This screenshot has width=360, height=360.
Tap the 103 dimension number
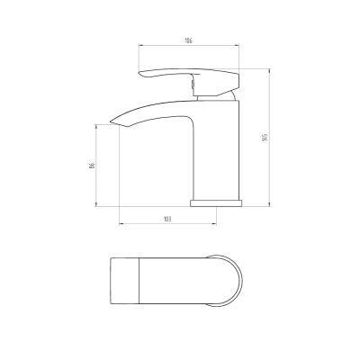[170, 220]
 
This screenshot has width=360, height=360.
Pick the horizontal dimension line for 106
[188, 47]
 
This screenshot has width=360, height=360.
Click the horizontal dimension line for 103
[170, 225]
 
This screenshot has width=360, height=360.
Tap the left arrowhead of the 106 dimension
[139, 47]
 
